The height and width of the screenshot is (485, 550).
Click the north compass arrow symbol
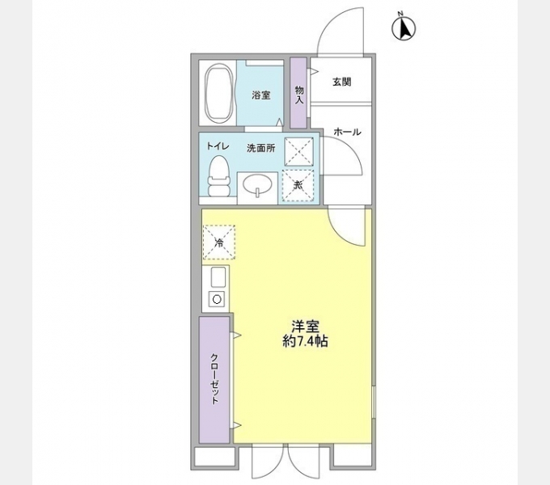(402, 29)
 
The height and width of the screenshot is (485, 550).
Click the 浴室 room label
(261, 95)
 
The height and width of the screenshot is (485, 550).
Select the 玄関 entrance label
(341, 82)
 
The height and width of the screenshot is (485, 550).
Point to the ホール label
(346, 132)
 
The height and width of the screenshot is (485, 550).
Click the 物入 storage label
(299, 94)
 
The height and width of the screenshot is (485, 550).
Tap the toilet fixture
(217, 177)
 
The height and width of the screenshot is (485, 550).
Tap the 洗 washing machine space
(297, 185)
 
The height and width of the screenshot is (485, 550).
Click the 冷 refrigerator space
(218, 242)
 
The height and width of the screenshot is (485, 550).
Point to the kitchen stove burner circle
(218, 299)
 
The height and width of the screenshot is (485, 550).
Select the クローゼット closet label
(215, 380)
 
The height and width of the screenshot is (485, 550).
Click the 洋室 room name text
(305, 327)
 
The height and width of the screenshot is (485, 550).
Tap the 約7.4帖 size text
(305, 342)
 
